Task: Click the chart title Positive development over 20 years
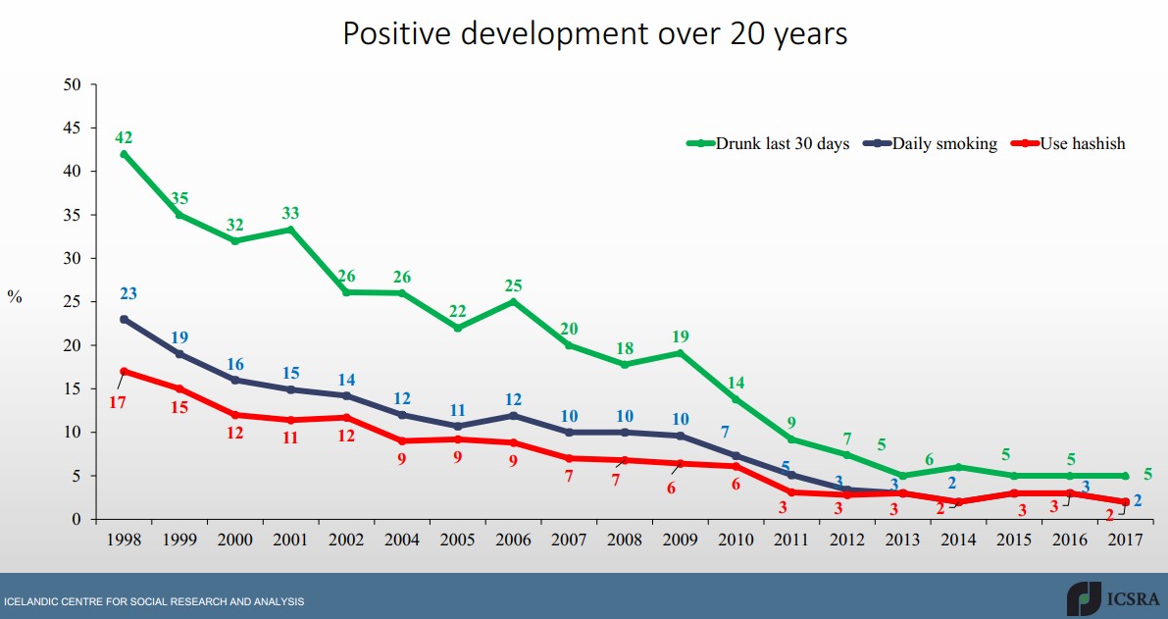click(594, 34)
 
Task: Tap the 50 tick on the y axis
click(72, 84)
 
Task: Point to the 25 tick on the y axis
click(72, 302)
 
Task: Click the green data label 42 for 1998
click(124, 137)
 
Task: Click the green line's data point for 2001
click(290, 230)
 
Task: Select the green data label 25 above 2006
click(513, 285)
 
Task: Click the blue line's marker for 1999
click(179, 354)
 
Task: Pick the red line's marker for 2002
click(346, 417)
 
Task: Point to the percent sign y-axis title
click(15, 297)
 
